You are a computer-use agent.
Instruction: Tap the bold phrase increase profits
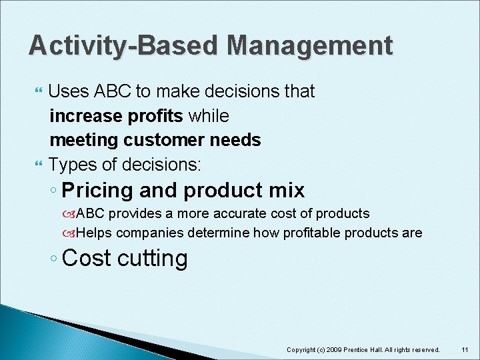pos(117,116)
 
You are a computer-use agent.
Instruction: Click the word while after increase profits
pos(209,116)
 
